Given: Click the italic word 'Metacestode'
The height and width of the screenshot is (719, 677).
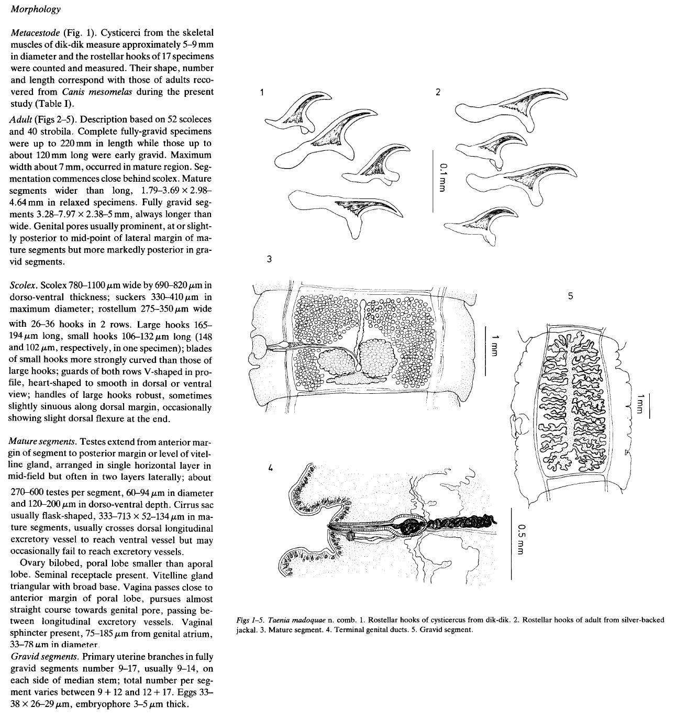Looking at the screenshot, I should pyautogui.click(x=35, y=33).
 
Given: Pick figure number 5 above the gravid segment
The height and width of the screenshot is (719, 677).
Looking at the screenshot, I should pyautogui.click(x=570, y=296).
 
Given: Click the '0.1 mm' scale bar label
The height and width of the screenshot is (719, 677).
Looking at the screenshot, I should pyautogui.click(x=443, y=176).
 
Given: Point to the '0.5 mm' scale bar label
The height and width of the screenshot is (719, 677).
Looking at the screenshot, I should pyautogui.click(x=519, y=536).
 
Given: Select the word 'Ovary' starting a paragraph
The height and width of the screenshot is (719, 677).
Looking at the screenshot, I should pyautogui.click(x=31, y=564).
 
